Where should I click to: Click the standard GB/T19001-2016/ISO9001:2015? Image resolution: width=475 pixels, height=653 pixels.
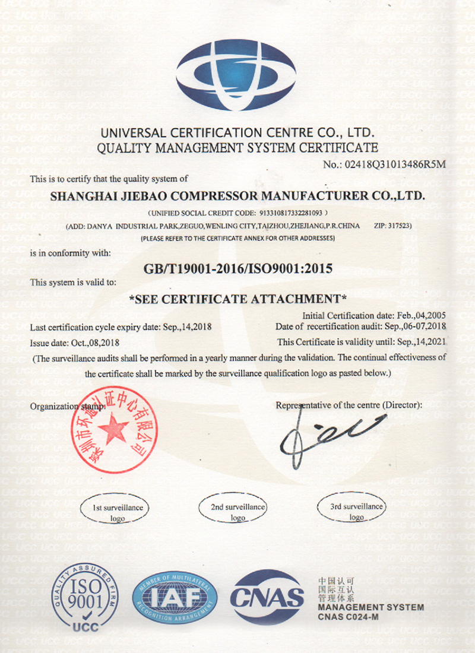tap(237, 268)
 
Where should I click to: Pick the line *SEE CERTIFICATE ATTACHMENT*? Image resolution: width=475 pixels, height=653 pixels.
tap(237, 299)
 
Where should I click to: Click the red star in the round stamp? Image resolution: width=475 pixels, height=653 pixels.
tap(113, 427)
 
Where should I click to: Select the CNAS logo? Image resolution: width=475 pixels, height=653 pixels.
tap(267, 597)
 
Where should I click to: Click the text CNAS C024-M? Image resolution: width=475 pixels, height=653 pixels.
tap(348, 618)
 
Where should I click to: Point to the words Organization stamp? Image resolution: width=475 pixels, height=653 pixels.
tap(66, 407)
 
